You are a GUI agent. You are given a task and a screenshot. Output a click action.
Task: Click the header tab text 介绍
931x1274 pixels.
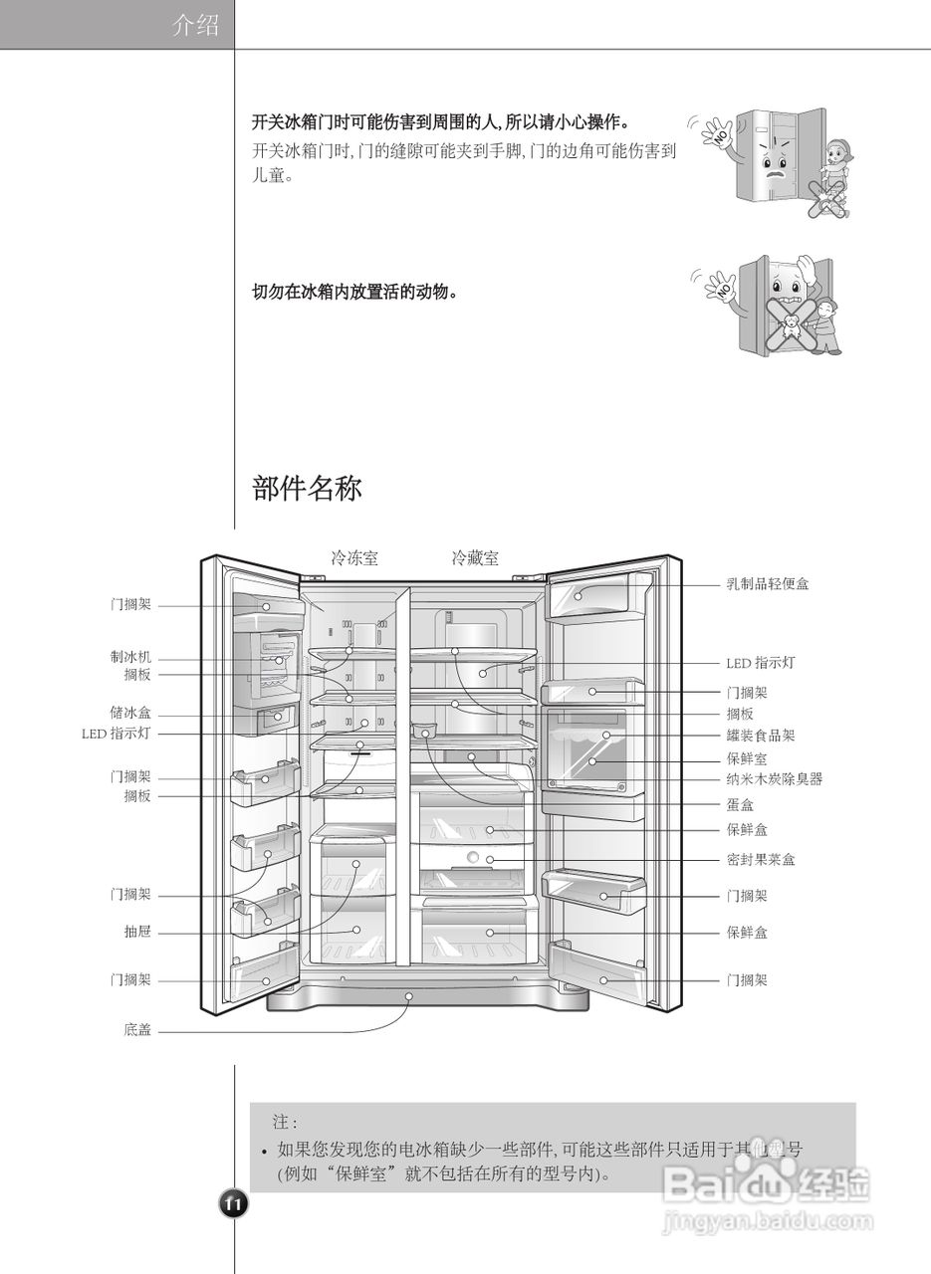tap(195, 25)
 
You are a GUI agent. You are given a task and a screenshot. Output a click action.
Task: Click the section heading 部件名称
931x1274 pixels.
tap(307, 489)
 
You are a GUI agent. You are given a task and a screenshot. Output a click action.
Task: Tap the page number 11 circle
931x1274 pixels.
tap(233, 1204)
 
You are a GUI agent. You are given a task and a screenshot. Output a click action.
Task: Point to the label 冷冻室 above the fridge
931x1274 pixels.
tap(354, 558)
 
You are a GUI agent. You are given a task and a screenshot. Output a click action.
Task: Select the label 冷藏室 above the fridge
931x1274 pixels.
tap(476, 558)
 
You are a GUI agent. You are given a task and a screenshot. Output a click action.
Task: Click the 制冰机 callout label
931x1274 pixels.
tap(130, 658)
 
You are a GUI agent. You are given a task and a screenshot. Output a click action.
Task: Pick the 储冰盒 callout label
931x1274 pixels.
tap(130, 714)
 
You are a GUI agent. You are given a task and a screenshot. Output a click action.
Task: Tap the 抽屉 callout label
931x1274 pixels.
tap(137, 933)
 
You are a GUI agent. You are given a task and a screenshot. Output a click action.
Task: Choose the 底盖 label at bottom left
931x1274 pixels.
tap(137, 1031)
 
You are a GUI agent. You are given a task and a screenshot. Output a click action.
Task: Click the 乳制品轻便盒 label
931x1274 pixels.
tap(767, 584)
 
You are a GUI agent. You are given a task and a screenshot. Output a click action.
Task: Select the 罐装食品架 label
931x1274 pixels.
tap(761, 737)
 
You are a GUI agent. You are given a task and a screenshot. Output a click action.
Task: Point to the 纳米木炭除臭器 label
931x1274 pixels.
tap(775, 779)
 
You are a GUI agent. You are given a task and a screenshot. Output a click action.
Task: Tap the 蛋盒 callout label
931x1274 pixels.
tap(740, 804)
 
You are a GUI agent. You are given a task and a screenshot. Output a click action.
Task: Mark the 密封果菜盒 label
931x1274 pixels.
tap(761, 860)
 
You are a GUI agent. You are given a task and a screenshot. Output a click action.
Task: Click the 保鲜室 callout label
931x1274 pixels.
tap(747, 758)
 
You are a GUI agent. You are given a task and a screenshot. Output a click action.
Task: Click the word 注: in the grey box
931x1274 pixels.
tap(285, 1122)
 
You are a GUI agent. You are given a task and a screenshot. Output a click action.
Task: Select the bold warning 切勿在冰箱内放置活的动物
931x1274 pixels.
tap(354, 293)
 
